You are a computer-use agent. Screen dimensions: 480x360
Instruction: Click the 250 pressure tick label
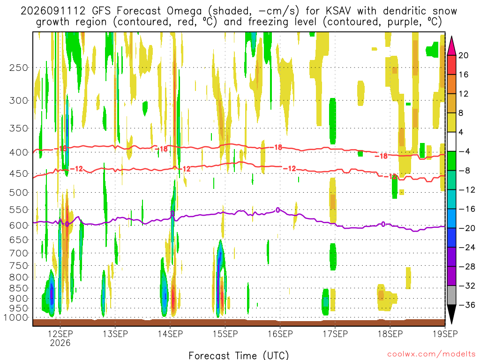pos(19,67)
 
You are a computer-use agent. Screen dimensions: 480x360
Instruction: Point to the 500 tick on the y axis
pos(19,193)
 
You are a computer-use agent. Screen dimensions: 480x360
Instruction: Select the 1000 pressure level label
pos(16,318)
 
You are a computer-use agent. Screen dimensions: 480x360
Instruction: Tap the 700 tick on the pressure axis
pos(19,253)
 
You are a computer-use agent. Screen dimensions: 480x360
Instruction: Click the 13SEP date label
pos(115,334)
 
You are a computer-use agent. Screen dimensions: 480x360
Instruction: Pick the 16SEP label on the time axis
pos(280,334)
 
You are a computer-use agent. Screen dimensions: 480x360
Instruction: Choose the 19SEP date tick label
pos(445,334)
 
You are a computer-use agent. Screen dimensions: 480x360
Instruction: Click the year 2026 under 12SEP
pos(60,343)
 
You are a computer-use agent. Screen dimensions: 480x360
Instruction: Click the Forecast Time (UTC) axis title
pos(239,355)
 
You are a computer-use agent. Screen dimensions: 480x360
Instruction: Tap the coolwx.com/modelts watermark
pos(431,354)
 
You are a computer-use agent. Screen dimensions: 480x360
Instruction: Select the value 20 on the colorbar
pos(464,55)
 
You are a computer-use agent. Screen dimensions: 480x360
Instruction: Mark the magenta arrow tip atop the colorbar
pos(451,37)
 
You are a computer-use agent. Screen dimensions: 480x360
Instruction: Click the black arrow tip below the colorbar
pos(451,323)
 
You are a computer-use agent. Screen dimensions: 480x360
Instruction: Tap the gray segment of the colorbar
pos(451,295)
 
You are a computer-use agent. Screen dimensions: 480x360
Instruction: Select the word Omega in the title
pos(184,11)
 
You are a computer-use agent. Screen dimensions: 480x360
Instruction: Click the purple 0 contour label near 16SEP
pos(278,210)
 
